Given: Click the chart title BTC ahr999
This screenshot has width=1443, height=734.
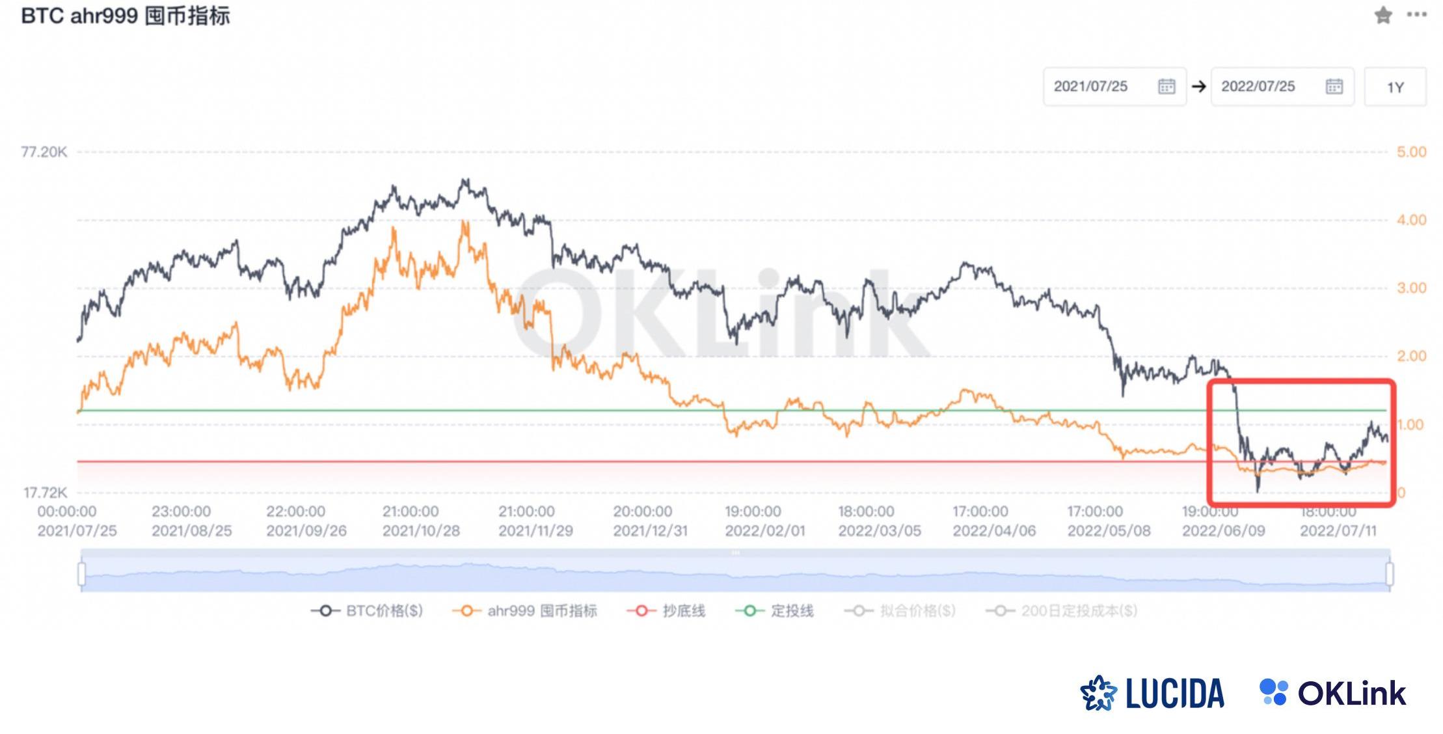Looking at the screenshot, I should [x=126, y=16].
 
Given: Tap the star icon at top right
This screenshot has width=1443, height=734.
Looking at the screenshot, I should [x=1383, y=15].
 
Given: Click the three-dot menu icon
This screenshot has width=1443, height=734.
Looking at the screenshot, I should [x=1416, y=14].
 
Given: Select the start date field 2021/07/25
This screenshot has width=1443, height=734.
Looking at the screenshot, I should [x=1114, y=87].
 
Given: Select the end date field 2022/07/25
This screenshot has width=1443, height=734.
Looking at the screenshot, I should [x=1282, y=87].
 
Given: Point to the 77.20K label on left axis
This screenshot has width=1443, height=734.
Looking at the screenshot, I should [x=44, y=152].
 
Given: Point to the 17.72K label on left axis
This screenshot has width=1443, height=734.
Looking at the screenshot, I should [x=46, y=493].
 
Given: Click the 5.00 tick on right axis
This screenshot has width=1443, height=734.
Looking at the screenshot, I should [x=1411, y=152].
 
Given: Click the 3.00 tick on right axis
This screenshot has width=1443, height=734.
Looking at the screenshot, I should [x=1411, y=288].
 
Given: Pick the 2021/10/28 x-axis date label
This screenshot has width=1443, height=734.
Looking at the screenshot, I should [x=421, y=531].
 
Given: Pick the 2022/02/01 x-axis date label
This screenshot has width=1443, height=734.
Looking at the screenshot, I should [x=765, y=531].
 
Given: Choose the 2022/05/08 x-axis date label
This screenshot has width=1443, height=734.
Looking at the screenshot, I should [x=1109, y=531].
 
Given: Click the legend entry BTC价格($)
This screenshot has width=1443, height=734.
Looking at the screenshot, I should [x=368, y=611].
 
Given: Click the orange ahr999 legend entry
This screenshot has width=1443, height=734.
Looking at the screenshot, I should [x=524, y=611].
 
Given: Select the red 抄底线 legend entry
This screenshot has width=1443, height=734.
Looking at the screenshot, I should [x=666, y=611].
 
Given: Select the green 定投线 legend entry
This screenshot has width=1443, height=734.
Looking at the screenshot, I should [x=775, y=611].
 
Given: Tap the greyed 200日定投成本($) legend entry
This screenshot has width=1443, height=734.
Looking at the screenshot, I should [x=1062, y=611].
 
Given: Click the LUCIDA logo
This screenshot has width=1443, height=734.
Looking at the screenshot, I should [x=1153, y=693].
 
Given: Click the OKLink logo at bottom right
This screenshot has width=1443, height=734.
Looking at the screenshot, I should [x=1333, y=693].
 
